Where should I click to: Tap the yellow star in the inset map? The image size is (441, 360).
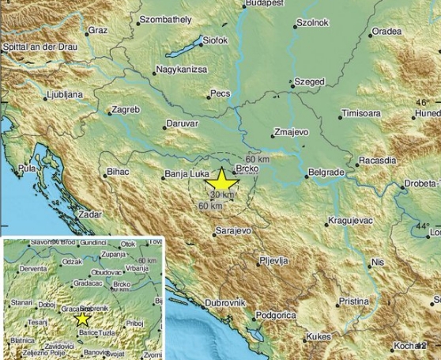pos(82,319)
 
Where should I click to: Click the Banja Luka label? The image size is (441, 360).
pos(184,173)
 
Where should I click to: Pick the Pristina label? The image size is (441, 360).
pos(352,301)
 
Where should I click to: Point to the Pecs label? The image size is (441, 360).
pos(219,94)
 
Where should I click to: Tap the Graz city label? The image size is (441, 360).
pos(97,30)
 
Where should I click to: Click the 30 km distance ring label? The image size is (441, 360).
pos(223,195)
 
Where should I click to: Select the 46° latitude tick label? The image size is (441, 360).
pos(424,104)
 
